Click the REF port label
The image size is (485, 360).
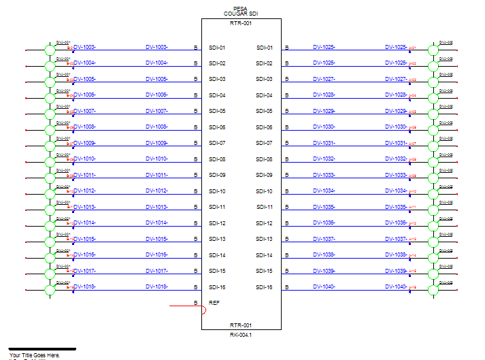pos(214,302)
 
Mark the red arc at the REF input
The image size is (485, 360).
pos(203,310)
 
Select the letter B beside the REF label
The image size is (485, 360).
pos(196,303)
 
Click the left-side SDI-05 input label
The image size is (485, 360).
pos(217,111)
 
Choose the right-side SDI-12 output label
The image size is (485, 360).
pos(264,223)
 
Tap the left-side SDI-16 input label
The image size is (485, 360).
pos(217,287)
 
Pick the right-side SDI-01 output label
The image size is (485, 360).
pos(264,48)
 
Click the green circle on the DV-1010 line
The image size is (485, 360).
pos(49,162)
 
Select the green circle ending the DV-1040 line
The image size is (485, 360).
pos(433,289)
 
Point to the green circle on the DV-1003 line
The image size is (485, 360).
pos(49,50)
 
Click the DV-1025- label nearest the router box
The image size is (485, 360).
pos(324,48)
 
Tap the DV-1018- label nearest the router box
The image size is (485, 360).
pos(156,287)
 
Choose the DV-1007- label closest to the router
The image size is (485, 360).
pos(156,111)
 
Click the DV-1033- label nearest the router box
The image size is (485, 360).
pos(324,175)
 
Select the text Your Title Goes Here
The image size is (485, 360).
pos(35,355)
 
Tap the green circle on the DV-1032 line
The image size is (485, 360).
pos(433,162)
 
